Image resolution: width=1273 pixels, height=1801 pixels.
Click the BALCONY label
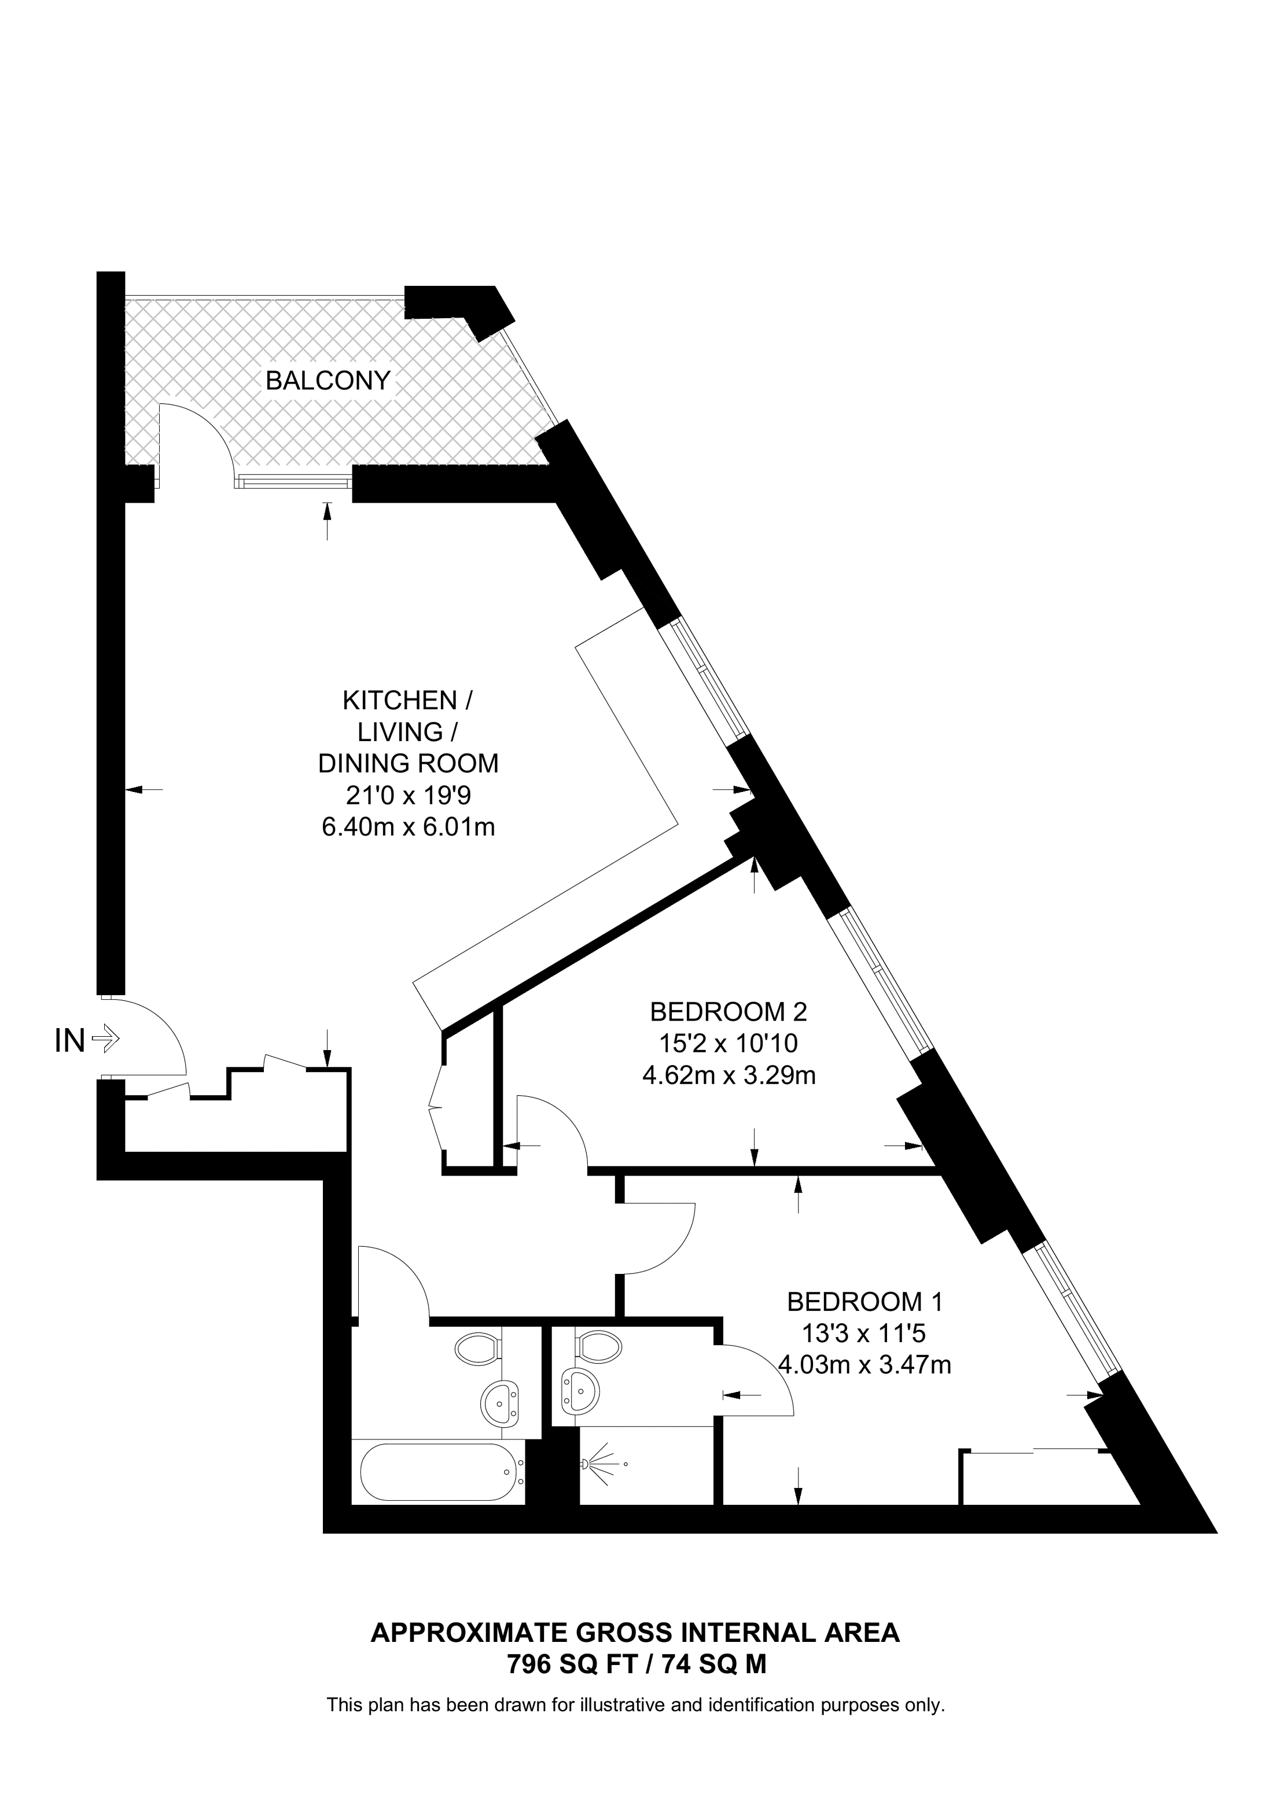(328, 381)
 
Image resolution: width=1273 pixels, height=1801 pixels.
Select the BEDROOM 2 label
(728, 1011)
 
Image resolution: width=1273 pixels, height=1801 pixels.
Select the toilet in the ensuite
(598, 1347)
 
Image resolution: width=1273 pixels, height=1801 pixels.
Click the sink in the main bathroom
(499, 1402)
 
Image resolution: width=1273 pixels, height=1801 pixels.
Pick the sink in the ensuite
(580, 1391)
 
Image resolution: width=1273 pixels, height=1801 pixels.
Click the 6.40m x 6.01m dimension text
(408, 827)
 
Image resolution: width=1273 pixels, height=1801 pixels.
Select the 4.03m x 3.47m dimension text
(864, 1365)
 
